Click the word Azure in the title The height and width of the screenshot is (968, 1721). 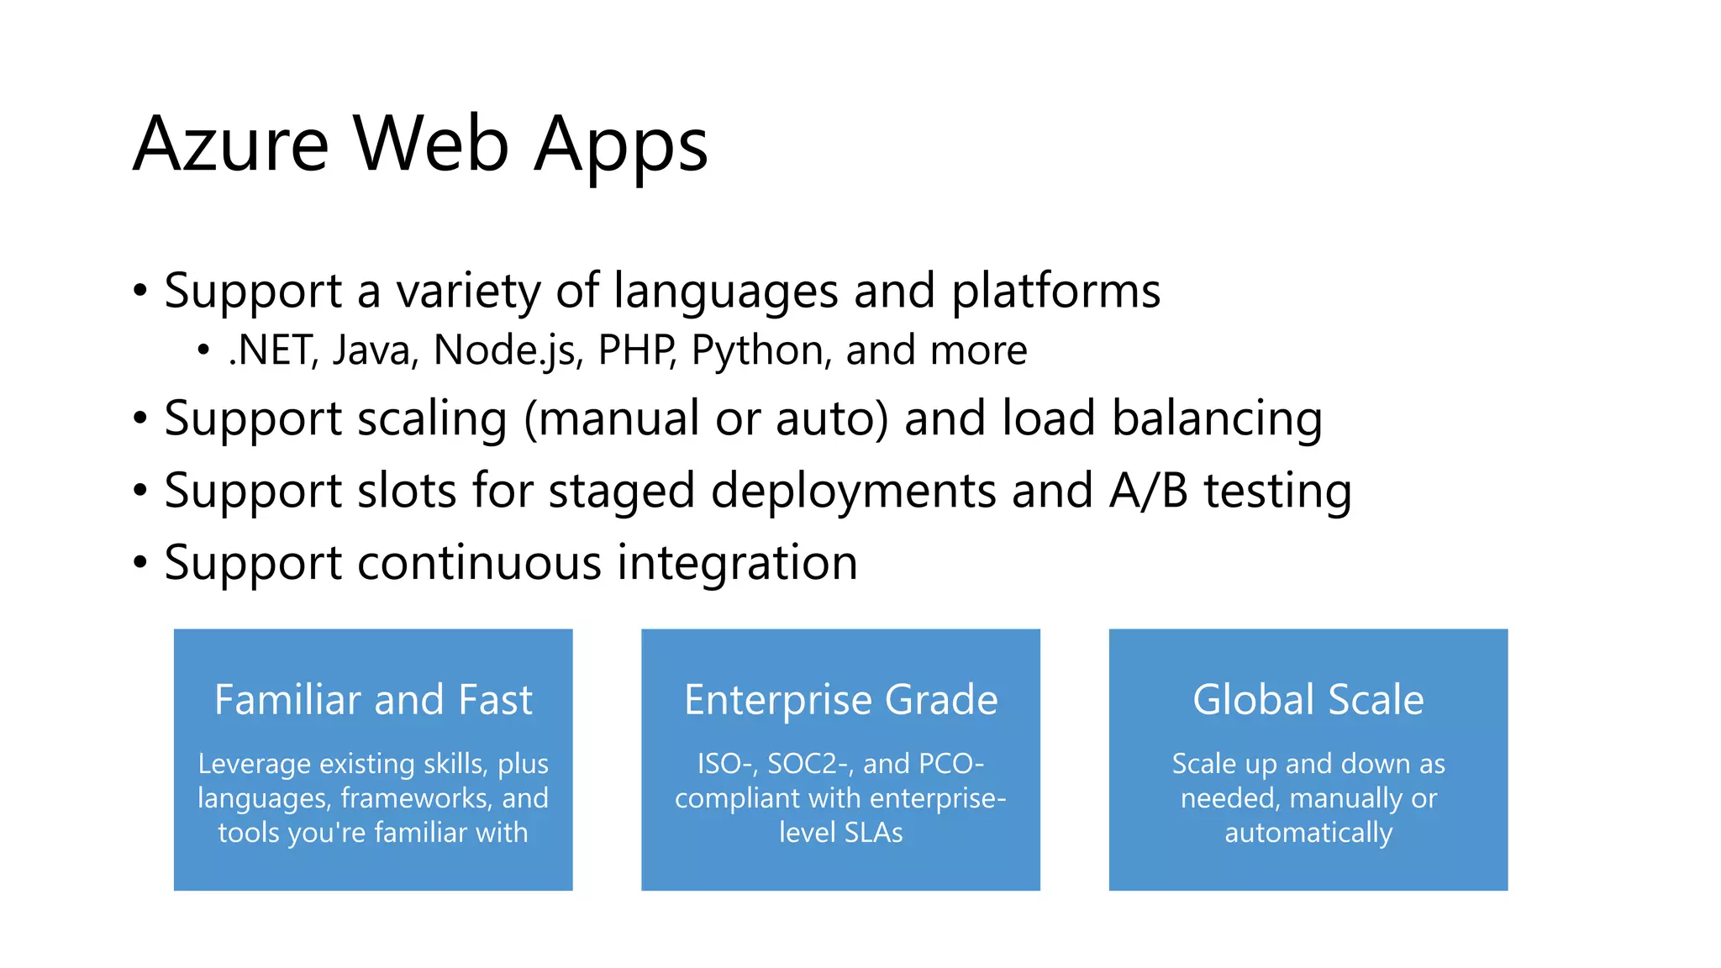coord(230,145)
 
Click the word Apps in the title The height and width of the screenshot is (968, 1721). coord(621,145)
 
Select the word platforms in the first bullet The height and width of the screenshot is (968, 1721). coord(1055,292)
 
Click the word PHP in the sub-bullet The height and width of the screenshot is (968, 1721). coord(636,350)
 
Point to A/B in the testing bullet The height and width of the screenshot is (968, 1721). coord(1148,492)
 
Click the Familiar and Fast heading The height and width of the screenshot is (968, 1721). coord(373,700)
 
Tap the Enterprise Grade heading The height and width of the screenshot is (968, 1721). coord(840,700)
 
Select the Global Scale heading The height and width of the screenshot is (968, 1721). coord(1308,700)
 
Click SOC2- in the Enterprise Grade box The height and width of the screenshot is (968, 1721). coord(811,764)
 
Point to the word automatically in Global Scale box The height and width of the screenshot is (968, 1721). coord(1308,833)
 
